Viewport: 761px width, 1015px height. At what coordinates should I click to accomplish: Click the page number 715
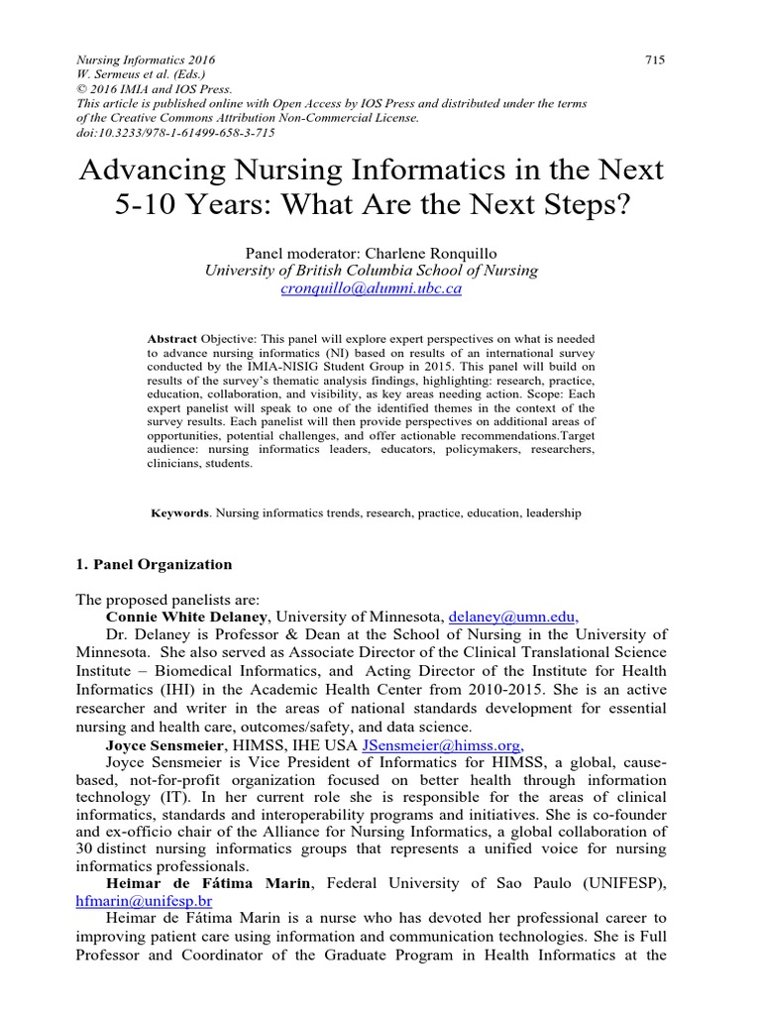coord(654,59)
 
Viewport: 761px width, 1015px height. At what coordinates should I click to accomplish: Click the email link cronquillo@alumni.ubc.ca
coord(372,289)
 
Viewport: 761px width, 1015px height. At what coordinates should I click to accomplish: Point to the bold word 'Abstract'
coord(172,337)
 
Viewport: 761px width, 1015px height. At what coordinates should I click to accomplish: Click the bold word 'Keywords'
coord(179,513)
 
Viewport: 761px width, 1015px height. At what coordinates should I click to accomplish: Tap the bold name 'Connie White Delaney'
coord(187,616)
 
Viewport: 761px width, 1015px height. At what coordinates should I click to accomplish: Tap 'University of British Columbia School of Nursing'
coord(372,271)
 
